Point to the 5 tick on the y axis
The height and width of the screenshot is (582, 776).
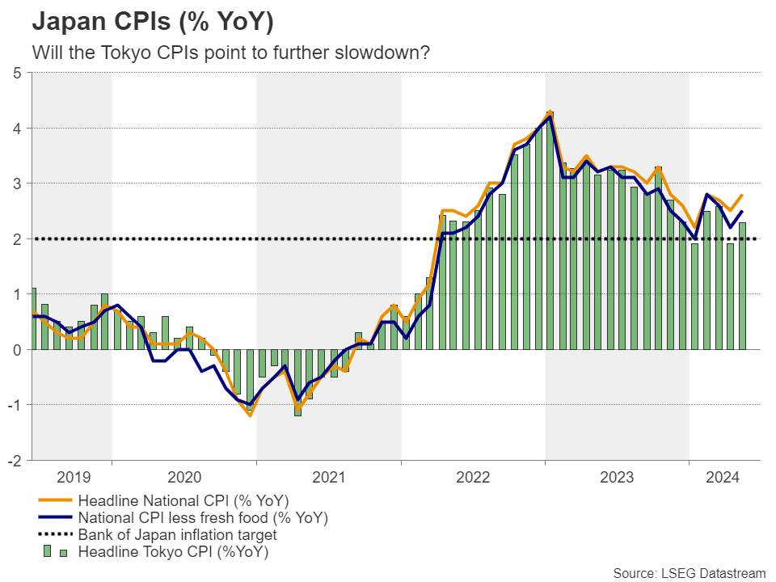pyautogui.click(x=17, y=73)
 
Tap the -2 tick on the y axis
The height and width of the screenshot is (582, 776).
pyautogui.click(x=15, y=460)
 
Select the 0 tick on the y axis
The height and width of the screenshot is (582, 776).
pyautogui.click(x=17, y=350)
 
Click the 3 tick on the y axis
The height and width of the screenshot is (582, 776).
pyautogui.click(x=17, y=183)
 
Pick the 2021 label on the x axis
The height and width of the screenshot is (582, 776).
pyautogui.click(x=329, y=477)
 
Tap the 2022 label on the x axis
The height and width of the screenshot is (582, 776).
pyautogui.click(x=473, y=477)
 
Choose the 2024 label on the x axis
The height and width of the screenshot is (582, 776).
pyautogui.click(x=724, y=477)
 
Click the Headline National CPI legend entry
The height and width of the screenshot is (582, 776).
pyautogui.click(x=183, y=500)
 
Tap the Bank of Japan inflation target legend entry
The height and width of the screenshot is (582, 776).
pyautogui.click(x=177, y=535)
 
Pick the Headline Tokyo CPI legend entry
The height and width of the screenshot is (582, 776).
pyautogui.click(x=173, y=553)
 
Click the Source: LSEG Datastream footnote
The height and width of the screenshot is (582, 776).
pyautogui.click(x=689, y=573)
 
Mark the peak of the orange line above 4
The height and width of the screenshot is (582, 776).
pyautogui.click(x=550, y=112)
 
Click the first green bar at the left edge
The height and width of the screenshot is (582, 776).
pyautogui.click(x=33, y=318)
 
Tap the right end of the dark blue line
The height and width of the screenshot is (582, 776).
pyautogui.click(x=742, y=211)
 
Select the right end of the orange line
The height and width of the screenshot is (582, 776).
pyautogui.click(x=742, y=195)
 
